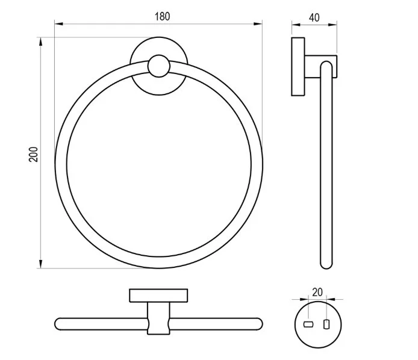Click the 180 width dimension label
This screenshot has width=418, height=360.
162,16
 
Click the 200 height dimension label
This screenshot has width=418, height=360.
33,154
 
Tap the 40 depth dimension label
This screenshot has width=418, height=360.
314,17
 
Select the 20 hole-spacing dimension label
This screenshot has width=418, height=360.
317,293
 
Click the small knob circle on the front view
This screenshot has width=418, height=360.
159,66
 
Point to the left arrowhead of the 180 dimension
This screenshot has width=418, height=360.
58,23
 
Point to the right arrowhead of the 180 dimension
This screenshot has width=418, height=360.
258,23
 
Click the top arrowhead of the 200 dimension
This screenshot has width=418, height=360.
40,42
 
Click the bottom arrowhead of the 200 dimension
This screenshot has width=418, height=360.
40,264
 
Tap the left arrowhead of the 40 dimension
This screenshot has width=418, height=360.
296,25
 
